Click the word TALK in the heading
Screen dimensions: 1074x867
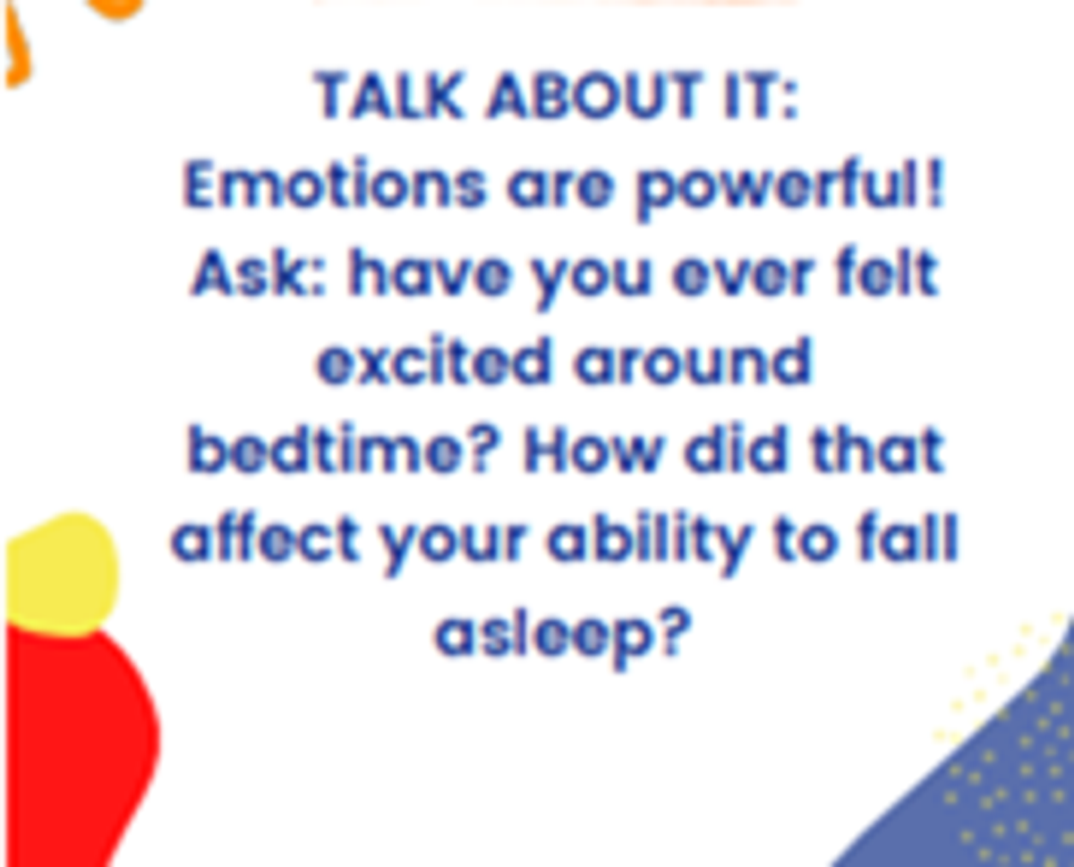coord(388,95)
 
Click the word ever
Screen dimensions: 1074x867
coord(742,278)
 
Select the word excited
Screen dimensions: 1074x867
coord(432,361)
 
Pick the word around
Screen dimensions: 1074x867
coord(693,361)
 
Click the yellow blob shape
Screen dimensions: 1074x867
coord(61,574)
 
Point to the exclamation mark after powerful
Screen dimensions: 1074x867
coord(937,184)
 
